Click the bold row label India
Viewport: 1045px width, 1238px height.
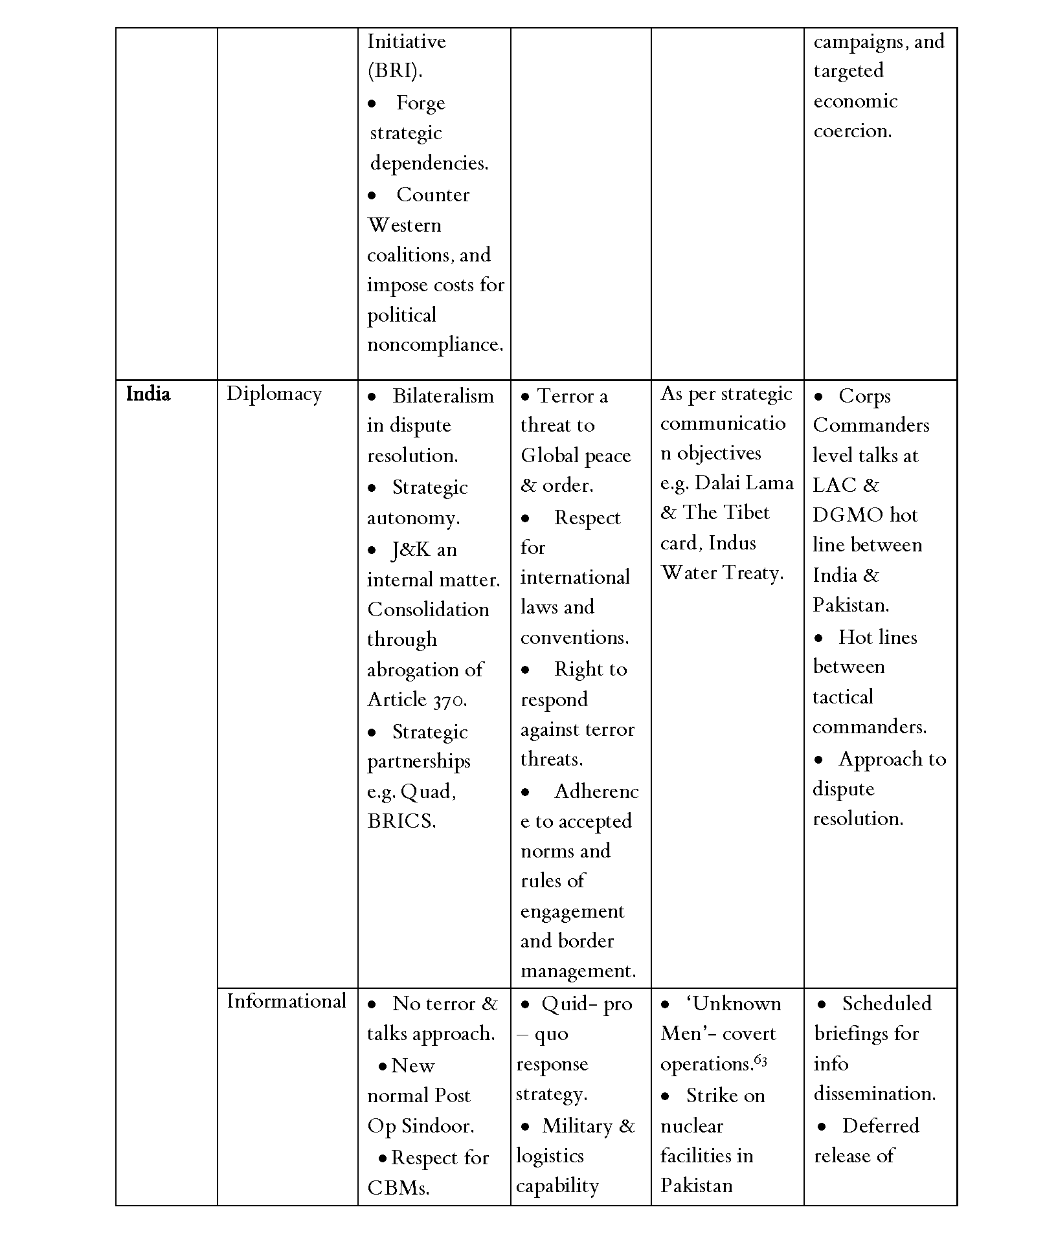click(148, 394)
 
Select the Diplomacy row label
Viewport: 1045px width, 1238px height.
click(274, 394)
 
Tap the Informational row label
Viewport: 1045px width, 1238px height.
click(286, 1001)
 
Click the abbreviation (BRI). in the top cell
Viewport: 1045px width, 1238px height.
click(395, 71)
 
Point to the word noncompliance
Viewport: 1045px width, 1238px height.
click(435, 344)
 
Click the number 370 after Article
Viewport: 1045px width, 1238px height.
click(448, 700)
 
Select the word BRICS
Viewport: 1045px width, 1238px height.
click(401, 821)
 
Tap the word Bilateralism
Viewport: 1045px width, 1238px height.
click(443, 395)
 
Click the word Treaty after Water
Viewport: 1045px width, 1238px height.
click(753, 573)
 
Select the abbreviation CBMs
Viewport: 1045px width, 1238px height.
click(398, 1188)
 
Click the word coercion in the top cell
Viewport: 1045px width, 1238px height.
click(852, 131)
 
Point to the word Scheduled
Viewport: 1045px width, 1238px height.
click(886, 1004)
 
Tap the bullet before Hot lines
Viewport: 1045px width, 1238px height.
click(819, 638)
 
